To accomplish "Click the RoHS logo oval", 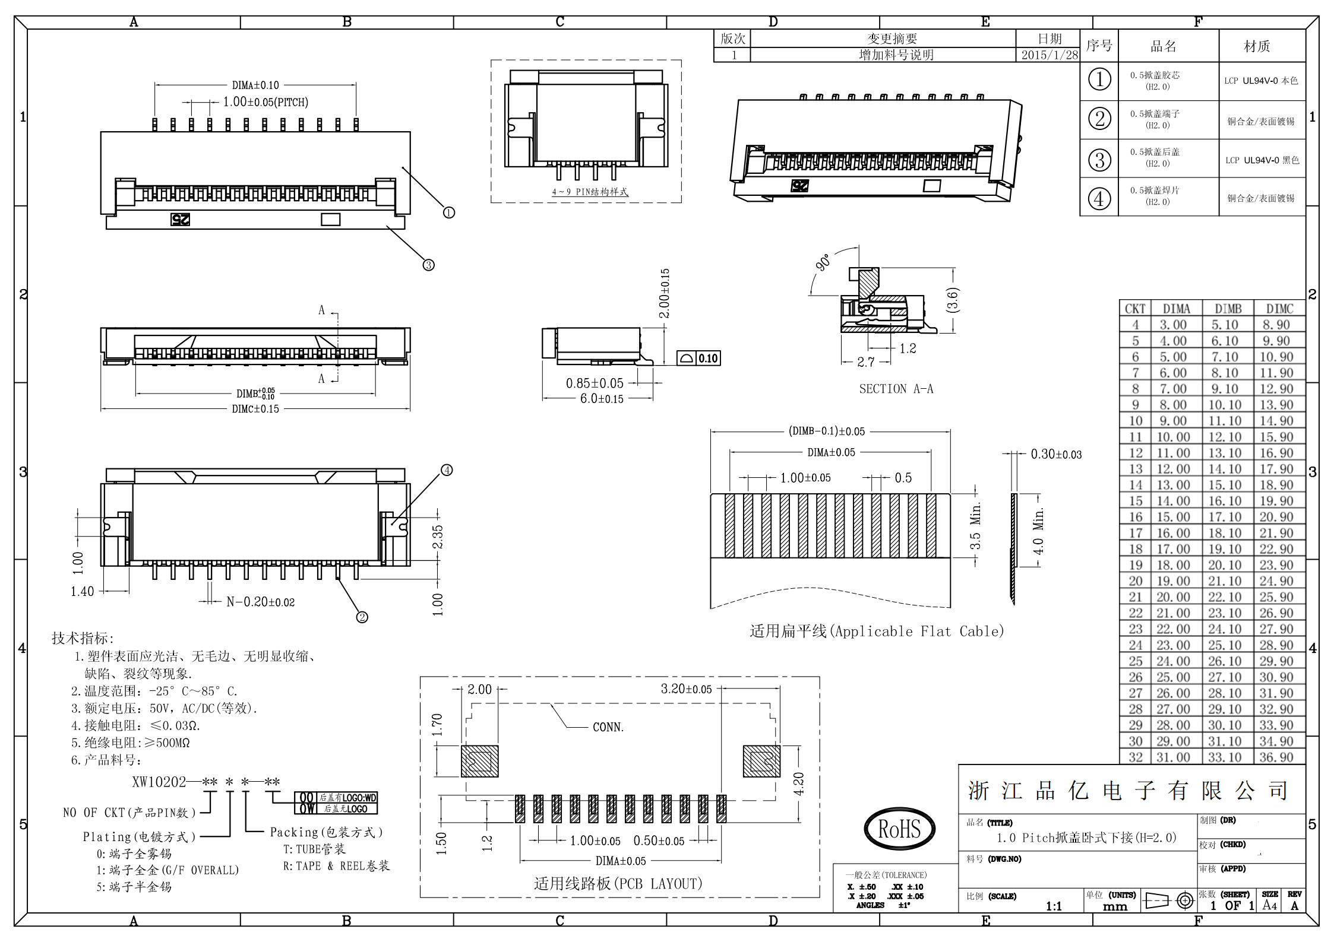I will click(x=899, y=829).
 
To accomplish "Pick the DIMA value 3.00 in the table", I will click(x=1173, y=325).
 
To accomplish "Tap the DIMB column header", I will click(x=1228, y=309).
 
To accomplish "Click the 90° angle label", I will click(x=823, y=262).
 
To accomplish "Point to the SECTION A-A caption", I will click(x=896, y=389).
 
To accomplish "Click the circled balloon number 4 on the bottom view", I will click(x=447, y=470).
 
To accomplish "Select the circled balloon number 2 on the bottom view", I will click(x=362, y=617).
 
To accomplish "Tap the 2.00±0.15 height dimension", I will click(x=665, y=293).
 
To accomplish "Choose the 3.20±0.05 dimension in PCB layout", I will click(x=686, y=689).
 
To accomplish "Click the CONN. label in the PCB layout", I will click(x=608, y=727).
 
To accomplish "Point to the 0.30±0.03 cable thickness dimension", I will click(x=1056, y=455).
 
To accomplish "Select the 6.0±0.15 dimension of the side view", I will click(x=602, y=399).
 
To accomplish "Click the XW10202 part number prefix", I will click(x=159, y=782).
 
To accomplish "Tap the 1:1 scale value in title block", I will click(x=1054, y=906).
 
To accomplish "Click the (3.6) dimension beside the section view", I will click(x=951, y=300).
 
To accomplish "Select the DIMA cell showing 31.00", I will click(x=1173, y=757).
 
